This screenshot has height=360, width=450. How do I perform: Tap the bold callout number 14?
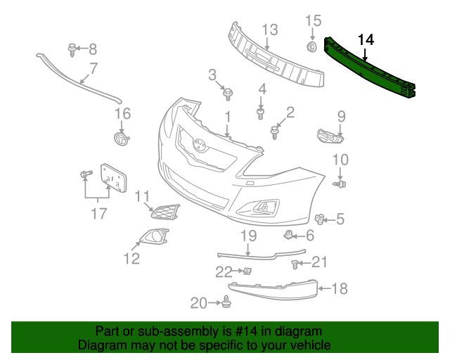click(x=366, y=39)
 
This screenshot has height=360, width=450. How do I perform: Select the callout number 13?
click(x=271, y=30)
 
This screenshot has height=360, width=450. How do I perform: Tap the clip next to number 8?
click(x=72, y=49)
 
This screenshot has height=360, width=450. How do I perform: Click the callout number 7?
click(x=94, y=69)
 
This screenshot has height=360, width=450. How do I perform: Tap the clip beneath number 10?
click(x=341, y=184)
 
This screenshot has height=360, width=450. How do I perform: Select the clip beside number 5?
click(x=320, y=220)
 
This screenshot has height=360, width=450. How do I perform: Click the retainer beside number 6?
click(x=290, y=233)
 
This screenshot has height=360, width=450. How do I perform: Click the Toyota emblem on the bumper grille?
click(x=200, y=146)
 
